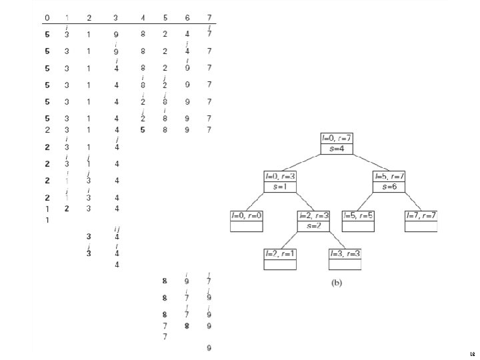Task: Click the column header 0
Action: coord(47,17)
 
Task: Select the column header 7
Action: coord(209,17)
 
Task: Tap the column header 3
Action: coord(116,17)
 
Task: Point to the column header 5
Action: coord(165,17)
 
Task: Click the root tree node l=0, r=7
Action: coord(336,143)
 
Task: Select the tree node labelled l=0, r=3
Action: coord(279,182)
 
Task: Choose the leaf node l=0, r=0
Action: coord(247,221)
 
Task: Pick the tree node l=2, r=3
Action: coord(313,221)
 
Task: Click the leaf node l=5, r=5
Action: coord(359,221)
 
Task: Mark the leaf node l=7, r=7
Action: coord(421,221)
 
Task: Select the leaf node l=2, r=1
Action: coord(280,259)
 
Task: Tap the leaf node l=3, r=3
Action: coord(345,259)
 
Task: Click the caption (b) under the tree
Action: coord(337,283)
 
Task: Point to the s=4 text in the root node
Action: coord(336,148)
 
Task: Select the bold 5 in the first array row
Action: coord(47,34)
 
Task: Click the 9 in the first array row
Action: coord(116,34)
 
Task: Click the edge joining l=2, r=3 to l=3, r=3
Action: coord(331,239)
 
